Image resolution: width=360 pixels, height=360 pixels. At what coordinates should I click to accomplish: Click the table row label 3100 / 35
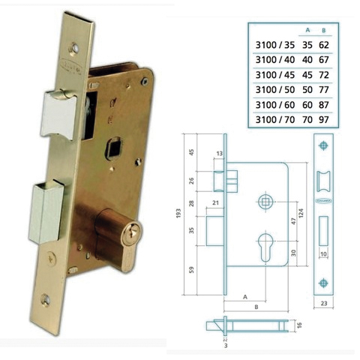pos(274,46)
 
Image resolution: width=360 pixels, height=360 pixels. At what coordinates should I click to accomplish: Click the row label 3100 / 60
pos(274,104)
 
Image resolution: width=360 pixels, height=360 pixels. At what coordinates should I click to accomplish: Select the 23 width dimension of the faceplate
pos(323,304)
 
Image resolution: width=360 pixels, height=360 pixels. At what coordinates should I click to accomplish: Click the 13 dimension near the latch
pos(220,154)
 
